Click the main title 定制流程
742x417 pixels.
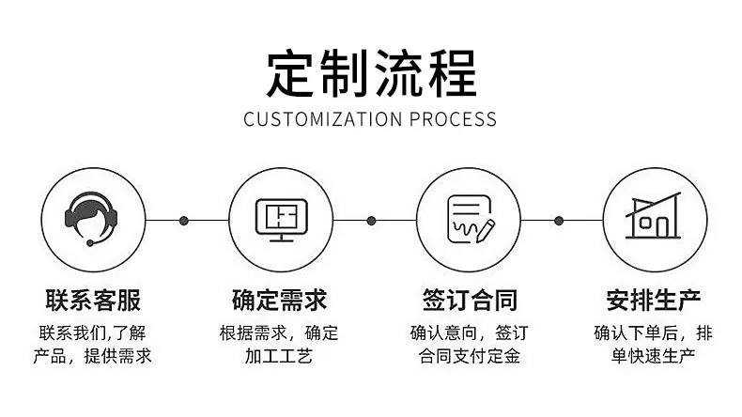click(372, 74)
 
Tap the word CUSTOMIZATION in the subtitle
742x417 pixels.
click(323, 119)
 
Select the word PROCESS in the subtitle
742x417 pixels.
click(453, 119)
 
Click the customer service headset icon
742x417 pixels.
click(91, 218)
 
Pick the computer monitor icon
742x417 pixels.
click(282, 220)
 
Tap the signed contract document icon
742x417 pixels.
click(471, 219)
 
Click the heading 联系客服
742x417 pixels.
click(93, 301)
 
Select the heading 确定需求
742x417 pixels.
click(280, 301)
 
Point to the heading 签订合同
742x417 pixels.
click(470, 301)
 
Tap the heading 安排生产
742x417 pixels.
click(654, 301)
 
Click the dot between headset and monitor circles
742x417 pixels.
click(184, 221)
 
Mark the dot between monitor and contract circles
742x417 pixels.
click(372, 221)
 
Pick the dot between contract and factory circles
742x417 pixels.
click(559, 221)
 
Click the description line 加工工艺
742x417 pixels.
click(279, 356)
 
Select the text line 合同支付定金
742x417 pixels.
click(470, 356)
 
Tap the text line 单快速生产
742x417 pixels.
click(653, 356)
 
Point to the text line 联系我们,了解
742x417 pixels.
click(93, 332)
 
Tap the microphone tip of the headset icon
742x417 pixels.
click(90, 243)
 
